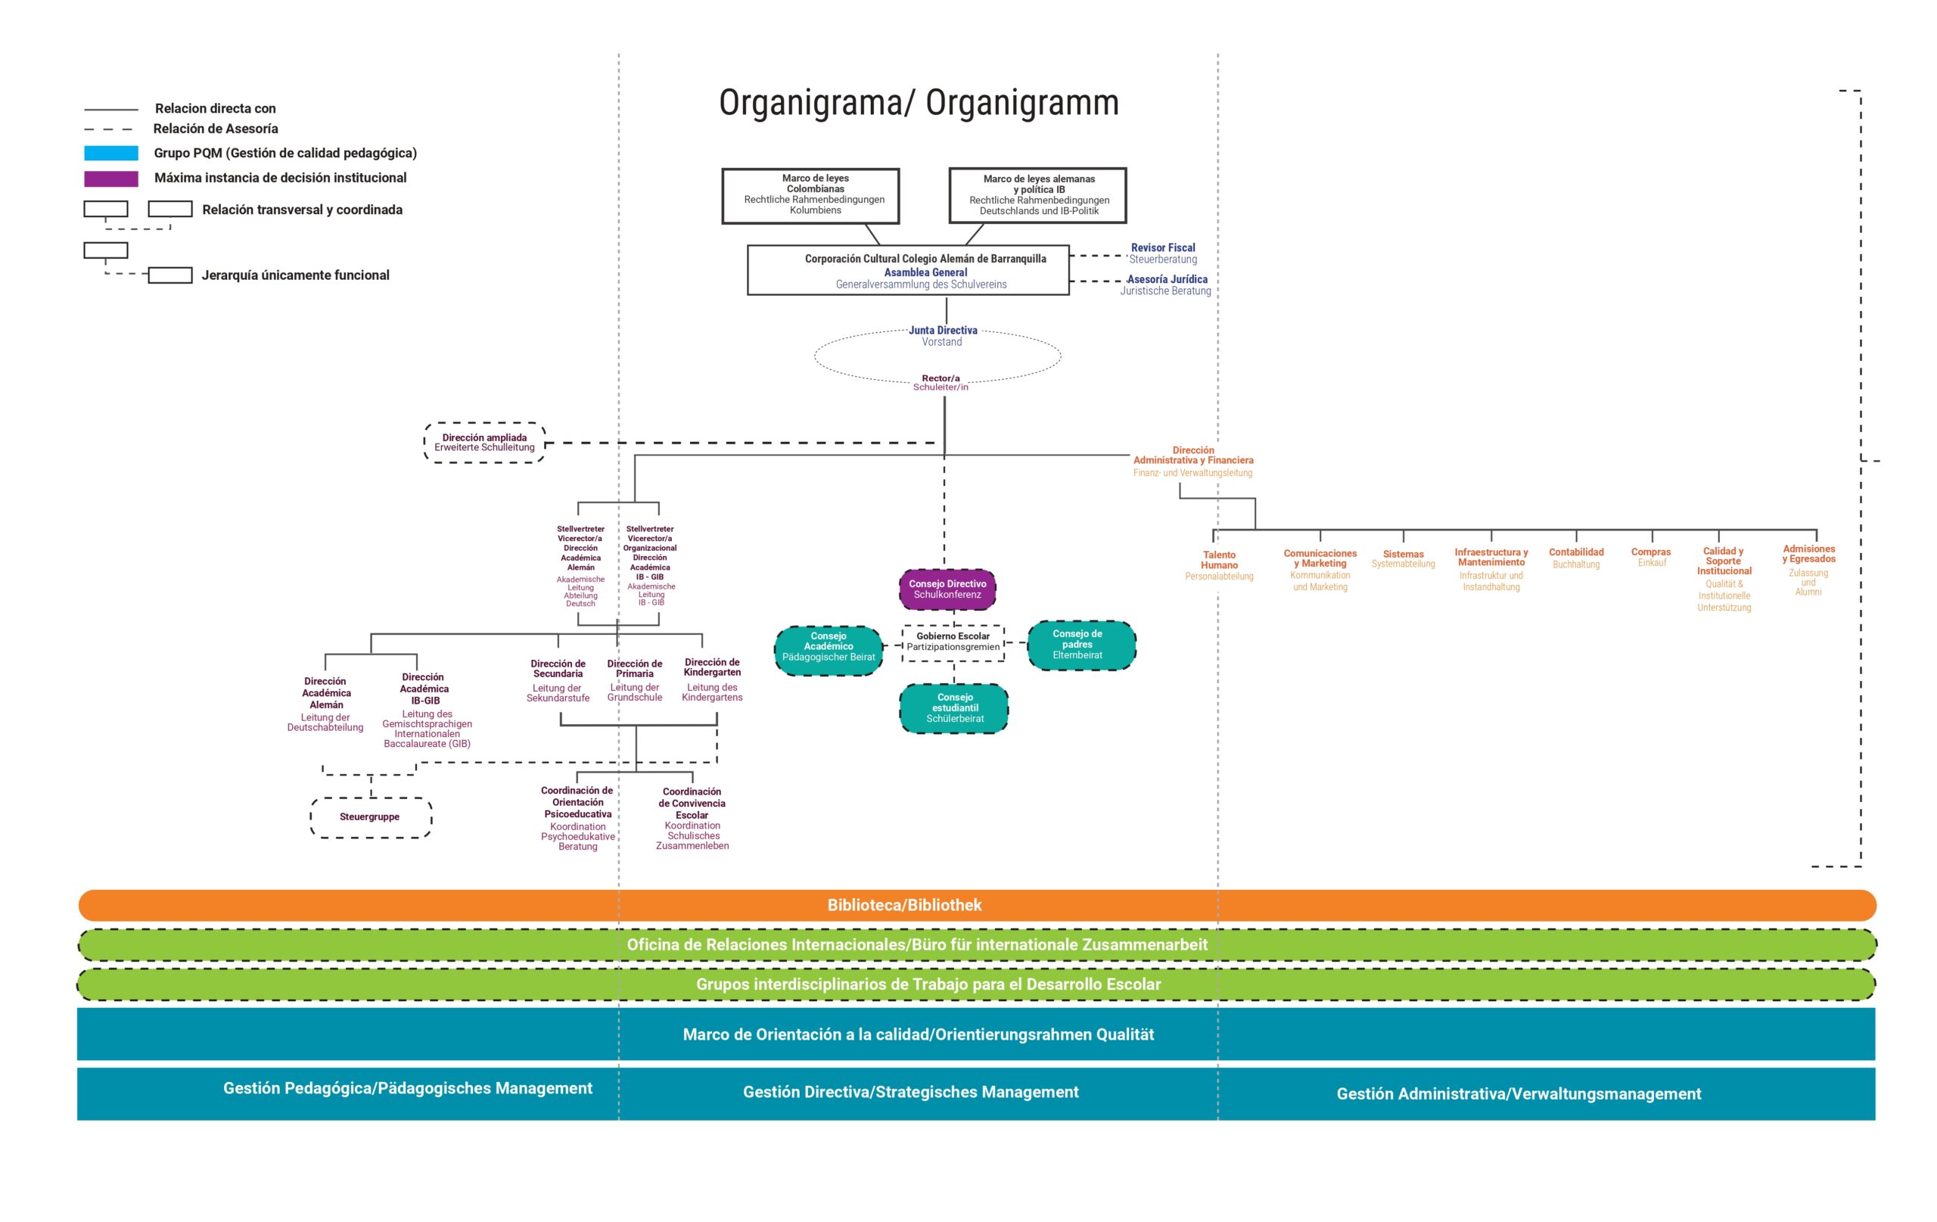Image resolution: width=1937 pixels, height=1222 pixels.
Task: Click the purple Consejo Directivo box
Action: coord(947,589)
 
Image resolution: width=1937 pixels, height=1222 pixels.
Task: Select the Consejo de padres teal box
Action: coord(1081,645)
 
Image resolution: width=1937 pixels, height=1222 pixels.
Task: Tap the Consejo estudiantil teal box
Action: coord(954,708)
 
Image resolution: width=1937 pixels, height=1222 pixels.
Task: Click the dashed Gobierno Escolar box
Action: coord(953,642)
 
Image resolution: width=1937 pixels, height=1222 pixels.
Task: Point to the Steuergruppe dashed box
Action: coord(371,817)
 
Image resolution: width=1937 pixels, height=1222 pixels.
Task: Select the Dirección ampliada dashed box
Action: coord(484,443)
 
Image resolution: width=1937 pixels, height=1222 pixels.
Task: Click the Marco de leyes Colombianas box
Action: coord(810,195)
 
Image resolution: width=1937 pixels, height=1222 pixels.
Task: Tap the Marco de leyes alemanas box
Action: coord(1037,195)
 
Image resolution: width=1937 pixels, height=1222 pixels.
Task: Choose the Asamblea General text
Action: coord(925,272)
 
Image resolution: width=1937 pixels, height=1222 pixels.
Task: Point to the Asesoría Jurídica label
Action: coord(1167,280)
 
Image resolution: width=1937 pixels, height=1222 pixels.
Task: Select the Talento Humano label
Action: coord(1219,560)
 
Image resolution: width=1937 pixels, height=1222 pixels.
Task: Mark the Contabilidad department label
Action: coord(1576,552)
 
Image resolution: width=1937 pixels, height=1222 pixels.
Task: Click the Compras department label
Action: coord(1651,552)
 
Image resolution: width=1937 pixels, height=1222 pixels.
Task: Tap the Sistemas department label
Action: coord(1403,555)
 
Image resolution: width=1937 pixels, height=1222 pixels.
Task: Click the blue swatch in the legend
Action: coord(111,153)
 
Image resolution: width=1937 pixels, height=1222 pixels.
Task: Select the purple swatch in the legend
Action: coord(111,179)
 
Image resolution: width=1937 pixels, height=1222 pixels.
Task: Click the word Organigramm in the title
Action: coord(1021,103)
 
